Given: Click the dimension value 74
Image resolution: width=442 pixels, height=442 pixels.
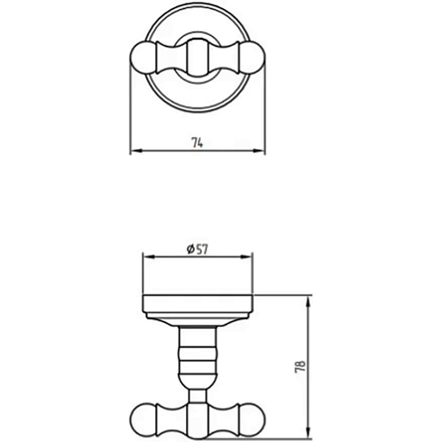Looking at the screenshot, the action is [197, 143].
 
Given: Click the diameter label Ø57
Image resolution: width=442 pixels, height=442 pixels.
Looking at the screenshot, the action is [197, 249].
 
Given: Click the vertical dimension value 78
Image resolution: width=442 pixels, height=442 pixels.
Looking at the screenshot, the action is [301, 367].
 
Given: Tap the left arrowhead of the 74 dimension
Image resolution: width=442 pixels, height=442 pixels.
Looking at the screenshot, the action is [136, 151].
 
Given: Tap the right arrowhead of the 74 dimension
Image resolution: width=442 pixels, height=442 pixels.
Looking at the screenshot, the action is [258, 151].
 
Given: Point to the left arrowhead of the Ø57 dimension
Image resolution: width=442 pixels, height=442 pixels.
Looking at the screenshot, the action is [149, 256].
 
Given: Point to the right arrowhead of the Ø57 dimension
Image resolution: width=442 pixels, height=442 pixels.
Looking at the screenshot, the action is [245, 256].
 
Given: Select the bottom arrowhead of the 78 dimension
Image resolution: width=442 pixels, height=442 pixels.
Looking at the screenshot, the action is [308, 432].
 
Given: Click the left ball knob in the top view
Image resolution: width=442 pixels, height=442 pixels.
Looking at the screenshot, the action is [143, 58].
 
